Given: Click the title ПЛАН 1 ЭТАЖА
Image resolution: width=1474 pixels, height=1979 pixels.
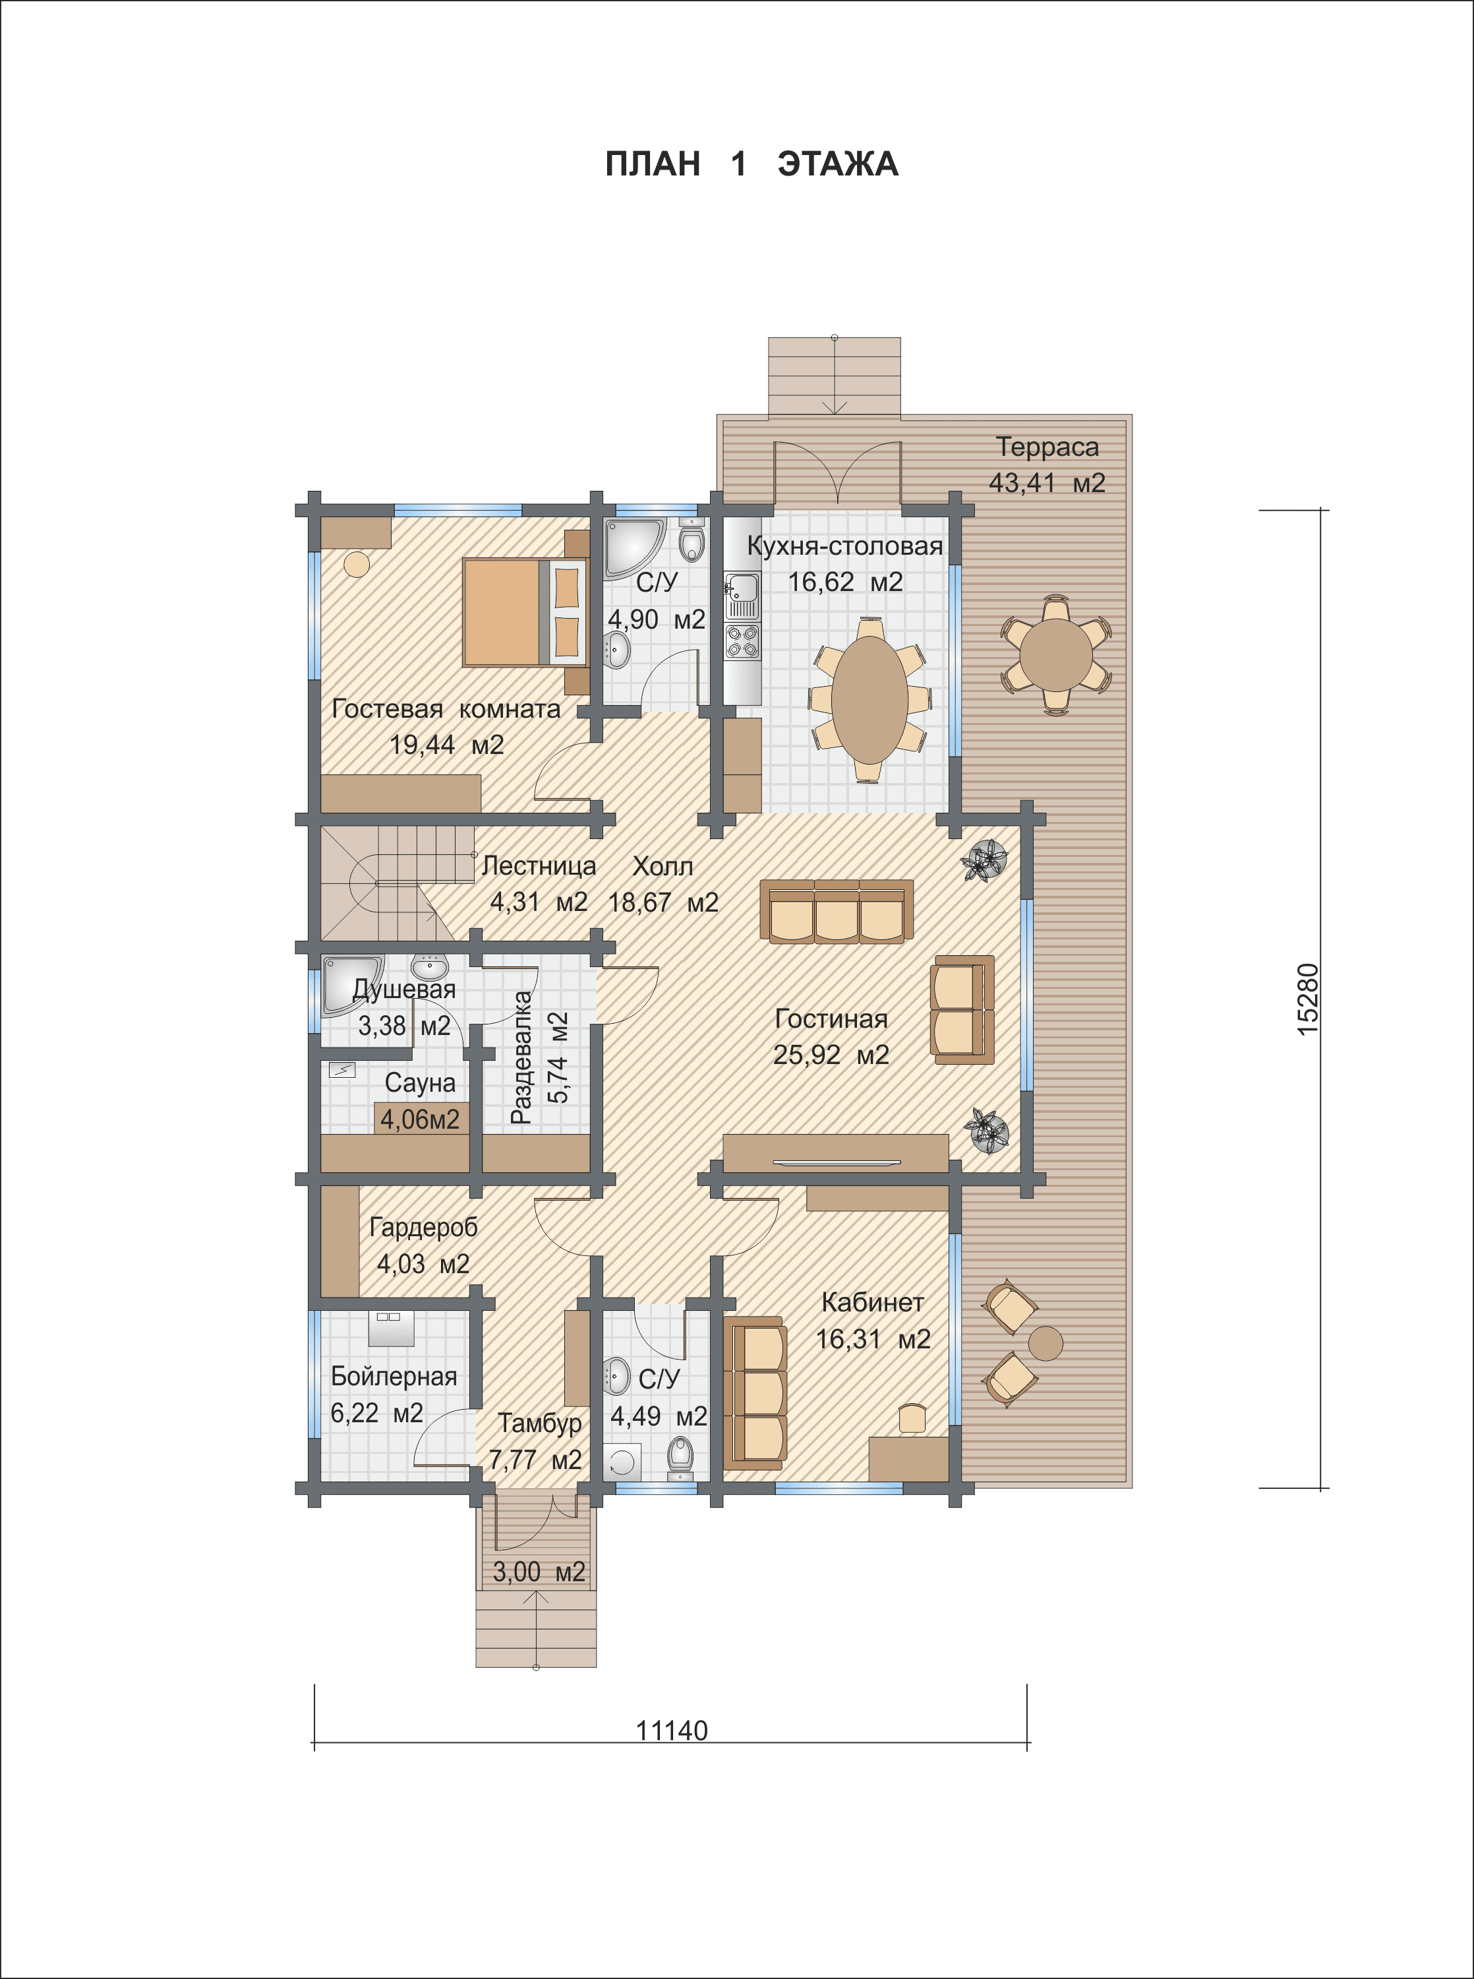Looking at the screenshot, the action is [752, 164].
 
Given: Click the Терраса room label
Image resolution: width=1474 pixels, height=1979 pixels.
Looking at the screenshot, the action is [1047, 447].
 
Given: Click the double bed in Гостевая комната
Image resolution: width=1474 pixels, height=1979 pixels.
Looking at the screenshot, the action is [525, 612].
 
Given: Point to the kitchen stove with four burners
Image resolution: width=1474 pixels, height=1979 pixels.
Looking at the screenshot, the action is [742, 642].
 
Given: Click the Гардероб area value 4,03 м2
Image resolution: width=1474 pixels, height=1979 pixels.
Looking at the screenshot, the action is [423, 1263].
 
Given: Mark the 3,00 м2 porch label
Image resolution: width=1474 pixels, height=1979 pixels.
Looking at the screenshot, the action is [539, 1571].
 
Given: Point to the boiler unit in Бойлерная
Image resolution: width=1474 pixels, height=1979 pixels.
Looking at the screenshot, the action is [391, 1329].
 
